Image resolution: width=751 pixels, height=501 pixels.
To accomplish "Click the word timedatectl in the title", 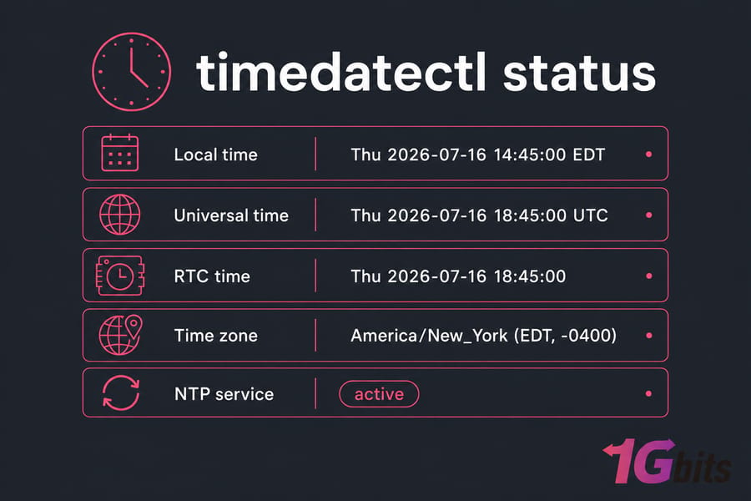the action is point(341,72).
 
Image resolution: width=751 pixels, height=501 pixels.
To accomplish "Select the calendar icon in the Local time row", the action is point(119,153).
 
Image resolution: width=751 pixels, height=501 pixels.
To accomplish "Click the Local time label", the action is point(215,154).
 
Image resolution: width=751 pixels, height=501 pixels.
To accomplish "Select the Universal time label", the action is point(231,215).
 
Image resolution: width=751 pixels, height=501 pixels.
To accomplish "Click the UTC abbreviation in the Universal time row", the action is point(591,215).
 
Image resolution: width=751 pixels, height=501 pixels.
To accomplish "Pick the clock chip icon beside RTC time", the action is point(119,276).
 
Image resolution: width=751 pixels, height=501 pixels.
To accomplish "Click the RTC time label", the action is point(212,276).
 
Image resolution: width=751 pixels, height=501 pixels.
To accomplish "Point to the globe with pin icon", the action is point(120,335).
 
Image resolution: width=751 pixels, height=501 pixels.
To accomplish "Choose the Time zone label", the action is point(215,336).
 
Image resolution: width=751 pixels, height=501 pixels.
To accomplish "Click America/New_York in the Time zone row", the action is point(429,336).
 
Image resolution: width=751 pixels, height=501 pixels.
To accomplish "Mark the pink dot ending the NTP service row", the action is point(649,393).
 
